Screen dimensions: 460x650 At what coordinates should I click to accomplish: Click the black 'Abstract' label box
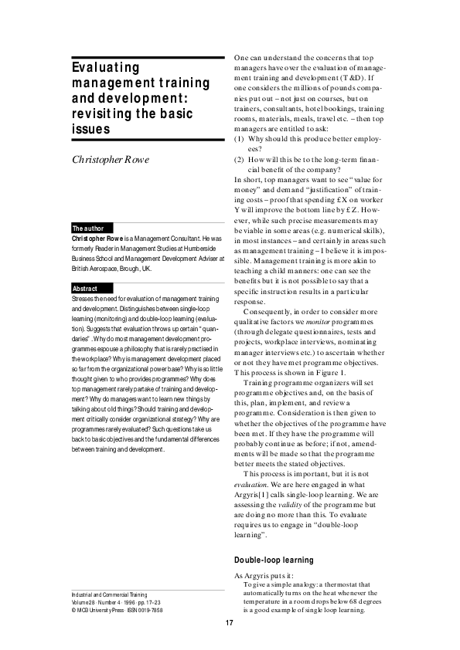coord(84,288)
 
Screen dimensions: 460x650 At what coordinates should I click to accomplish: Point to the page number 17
coord(230,623)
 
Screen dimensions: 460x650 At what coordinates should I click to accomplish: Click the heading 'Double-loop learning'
coord(273,560)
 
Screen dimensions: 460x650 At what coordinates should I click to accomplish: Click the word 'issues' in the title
coord(89,128)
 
